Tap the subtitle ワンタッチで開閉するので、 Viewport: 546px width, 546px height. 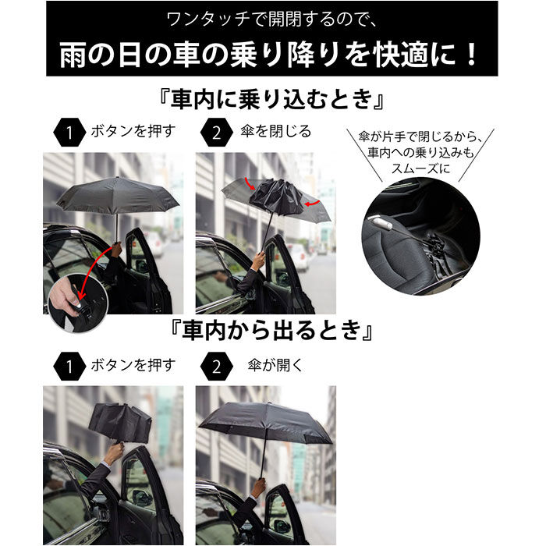[271, 18]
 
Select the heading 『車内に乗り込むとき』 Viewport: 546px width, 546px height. [271, 100]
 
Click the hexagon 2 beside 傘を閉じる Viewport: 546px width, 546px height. [215, 133]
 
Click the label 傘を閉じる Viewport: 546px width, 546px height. [276, 132]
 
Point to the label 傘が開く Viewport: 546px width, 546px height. [270, 364]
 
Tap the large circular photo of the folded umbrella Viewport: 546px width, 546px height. [420, 235]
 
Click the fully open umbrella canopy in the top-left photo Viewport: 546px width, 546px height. [117, 194]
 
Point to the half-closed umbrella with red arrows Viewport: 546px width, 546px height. [273, 195]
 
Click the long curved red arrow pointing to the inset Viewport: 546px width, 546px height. [97, 269]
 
